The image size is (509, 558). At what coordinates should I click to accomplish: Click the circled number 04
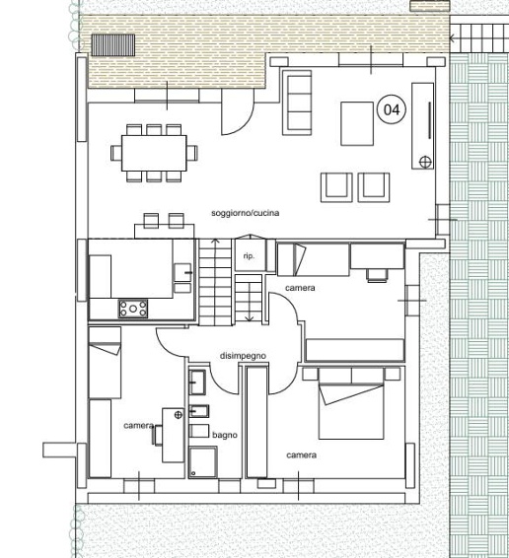coord(392,109)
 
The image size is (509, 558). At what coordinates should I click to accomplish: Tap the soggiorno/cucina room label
coord(245,213)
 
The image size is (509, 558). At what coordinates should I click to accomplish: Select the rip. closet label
coord(249,255)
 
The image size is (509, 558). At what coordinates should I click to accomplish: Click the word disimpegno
coord(243,356)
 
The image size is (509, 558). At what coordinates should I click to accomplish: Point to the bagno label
coord(225,435)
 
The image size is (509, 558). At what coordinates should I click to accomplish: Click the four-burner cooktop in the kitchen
coord(133,309)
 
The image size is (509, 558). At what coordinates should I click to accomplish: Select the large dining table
coord(154,153)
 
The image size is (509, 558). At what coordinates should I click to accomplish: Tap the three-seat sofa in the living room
coord(297,103)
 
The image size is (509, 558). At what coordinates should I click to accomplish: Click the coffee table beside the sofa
coord(357,123)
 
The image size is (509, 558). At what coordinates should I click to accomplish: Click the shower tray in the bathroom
coord(203,462)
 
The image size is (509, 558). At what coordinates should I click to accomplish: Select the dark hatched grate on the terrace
coord(113,44)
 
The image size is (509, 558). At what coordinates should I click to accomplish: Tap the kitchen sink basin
coord(182,273)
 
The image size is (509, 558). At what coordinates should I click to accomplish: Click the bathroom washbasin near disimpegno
coord(197,383)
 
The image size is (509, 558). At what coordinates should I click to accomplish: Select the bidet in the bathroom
coord(199,411)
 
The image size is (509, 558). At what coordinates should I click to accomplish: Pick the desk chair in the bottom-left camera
coord(157,435)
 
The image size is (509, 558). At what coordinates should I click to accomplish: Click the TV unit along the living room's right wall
coord(423,125)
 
